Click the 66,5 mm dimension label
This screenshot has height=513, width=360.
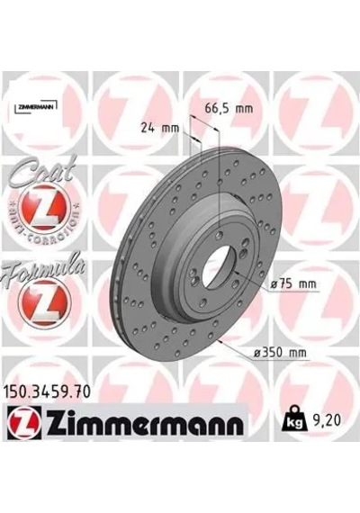229,108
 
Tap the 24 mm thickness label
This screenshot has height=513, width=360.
160,128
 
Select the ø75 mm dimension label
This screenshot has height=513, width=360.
293,283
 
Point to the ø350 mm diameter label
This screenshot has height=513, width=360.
281,353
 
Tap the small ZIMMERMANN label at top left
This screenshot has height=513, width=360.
36,107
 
